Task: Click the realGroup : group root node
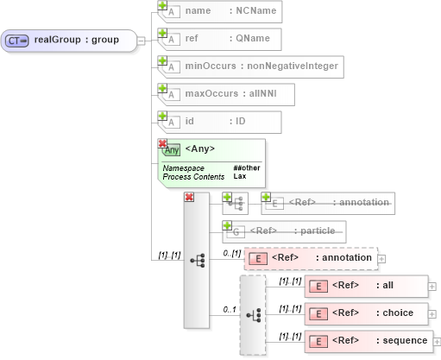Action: (x=69, y=40)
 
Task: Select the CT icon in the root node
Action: (x=17, y=40)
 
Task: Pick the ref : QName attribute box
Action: (x=216, y=39)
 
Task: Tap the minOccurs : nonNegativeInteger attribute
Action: (x=251, y=66)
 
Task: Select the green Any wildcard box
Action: (x=211, y=162)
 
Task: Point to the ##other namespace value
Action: (x=247, y=167)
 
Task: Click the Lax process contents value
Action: (x=240, y=176)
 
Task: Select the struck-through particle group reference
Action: (x=285, y=231)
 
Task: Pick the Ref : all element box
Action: (x=366, y=286)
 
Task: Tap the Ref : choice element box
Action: (x=366, y=313)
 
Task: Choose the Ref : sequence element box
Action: (x=366, y=340)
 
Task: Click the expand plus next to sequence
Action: (x=434, y=340)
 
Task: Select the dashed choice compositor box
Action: (x=253, y=315)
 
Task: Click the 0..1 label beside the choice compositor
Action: (x=230, y=309)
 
